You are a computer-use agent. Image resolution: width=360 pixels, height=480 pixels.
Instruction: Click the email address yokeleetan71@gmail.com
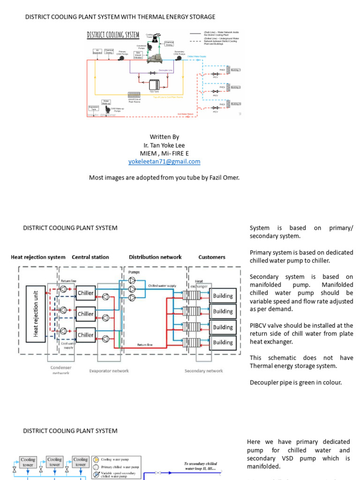point(164,162)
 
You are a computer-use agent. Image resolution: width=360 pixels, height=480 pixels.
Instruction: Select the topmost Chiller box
point(85,293)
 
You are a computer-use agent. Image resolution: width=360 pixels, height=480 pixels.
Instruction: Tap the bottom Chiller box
point(85,335)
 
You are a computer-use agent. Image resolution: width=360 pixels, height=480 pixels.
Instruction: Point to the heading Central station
point(90,257)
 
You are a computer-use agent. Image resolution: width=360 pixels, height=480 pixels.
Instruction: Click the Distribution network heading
point(155,257)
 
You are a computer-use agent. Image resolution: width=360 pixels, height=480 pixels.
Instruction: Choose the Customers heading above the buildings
point(212,257)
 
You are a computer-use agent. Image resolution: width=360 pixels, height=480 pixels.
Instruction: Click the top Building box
point(223,296)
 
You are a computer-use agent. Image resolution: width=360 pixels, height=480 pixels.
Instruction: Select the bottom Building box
point(223,342)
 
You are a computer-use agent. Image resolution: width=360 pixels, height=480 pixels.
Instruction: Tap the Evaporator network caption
point(109,371)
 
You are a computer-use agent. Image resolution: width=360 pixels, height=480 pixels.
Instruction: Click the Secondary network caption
point(204,371)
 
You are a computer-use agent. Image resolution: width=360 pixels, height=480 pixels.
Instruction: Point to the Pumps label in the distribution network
point(134,272)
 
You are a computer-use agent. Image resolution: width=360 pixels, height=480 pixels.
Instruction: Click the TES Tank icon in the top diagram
point(154,85)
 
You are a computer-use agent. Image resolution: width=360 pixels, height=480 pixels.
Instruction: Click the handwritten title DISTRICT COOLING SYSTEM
point(113,35)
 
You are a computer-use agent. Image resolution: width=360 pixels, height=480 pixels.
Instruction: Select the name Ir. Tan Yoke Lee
point(164,145)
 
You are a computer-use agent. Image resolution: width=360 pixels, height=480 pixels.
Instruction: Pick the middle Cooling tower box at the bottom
point(55,462)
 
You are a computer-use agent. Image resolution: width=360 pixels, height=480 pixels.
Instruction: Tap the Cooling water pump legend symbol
point(96,460)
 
